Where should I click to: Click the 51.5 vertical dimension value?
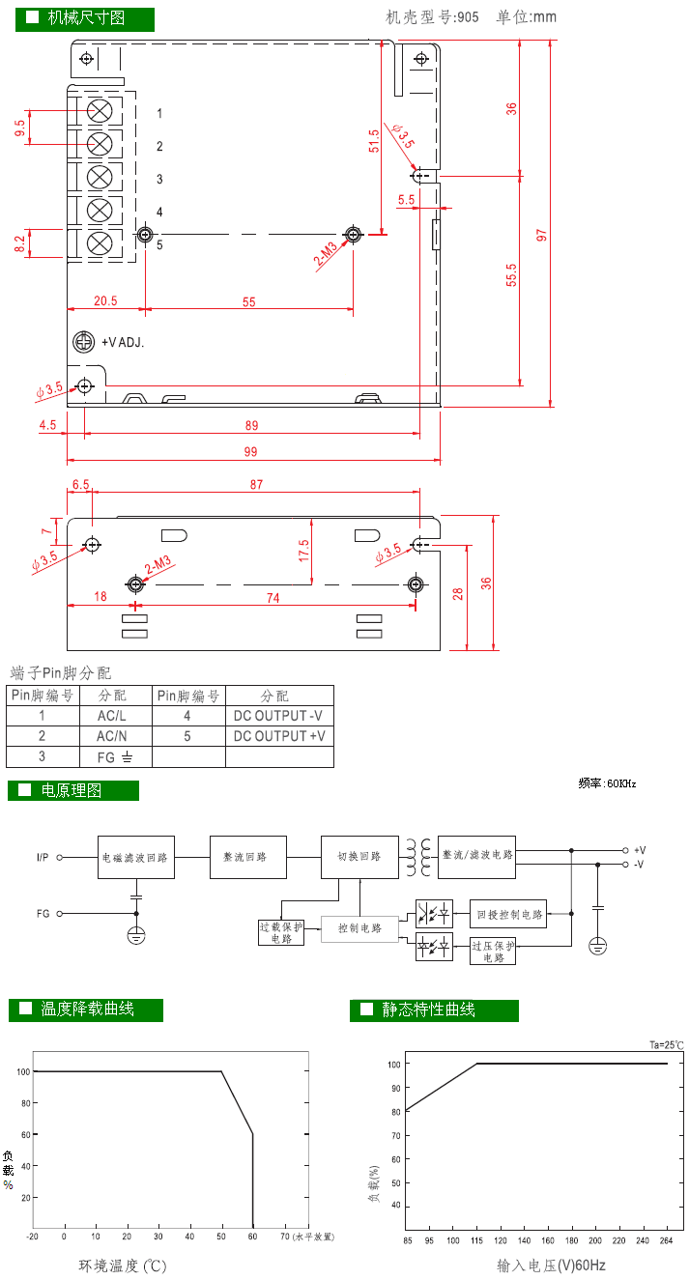pos(374,142)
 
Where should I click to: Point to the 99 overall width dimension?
pos(251,452)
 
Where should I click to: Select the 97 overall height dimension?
pos(542,235)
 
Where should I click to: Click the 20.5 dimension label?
pos(105,301)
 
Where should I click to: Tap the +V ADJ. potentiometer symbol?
pos(84,342)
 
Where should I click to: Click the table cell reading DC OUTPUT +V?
pos(279,736)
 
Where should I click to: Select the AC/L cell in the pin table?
pos(112,716)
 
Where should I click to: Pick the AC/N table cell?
pos(112,736)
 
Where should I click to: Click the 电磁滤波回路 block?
pos(136,857)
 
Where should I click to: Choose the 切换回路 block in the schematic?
pos(359,857)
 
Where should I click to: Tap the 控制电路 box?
pos(359,928)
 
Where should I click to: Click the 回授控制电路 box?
pos(507,913)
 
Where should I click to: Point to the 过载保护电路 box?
pos(281,932)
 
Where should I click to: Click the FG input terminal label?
pos(43,913)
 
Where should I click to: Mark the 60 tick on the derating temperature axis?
pos(253,1236)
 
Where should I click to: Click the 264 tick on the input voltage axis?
pos(666,1240)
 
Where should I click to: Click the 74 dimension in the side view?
pos(273,599)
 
